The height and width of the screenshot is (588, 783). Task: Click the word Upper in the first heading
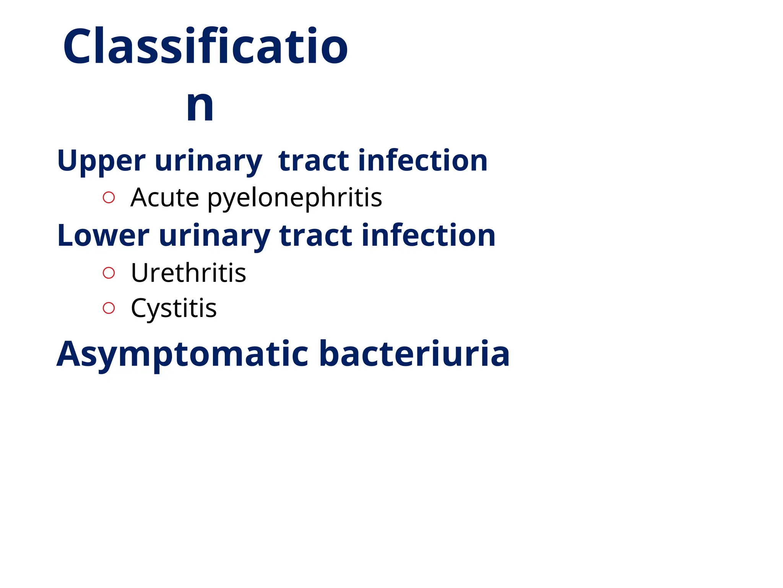click(101, 161)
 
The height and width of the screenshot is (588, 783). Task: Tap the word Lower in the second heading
click(103, 235)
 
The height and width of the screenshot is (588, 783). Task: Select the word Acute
click(165, 198)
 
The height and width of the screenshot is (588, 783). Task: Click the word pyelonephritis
click(295, 198)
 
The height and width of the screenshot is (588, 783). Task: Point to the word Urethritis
click(188, 273)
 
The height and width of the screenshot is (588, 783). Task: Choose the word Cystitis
click(174, 308)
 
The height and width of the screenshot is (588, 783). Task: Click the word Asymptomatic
click(182, 354)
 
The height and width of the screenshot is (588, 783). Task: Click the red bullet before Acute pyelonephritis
click(109, 198)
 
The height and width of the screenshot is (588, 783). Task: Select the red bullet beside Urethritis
click(109, 273)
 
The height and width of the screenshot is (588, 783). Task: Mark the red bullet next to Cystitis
click(109, 308)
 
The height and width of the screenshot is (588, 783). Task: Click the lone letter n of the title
click(200, 105)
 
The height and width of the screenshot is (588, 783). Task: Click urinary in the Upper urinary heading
click(208, 161)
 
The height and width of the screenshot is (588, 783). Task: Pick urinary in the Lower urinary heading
click(214, 235)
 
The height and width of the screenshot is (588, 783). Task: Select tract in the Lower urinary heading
click(316, 235)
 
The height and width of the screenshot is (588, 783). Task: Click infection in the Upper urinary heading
click(422, 161)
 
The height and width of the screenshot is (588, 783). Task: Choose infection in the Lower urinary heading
click(429, 235)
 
